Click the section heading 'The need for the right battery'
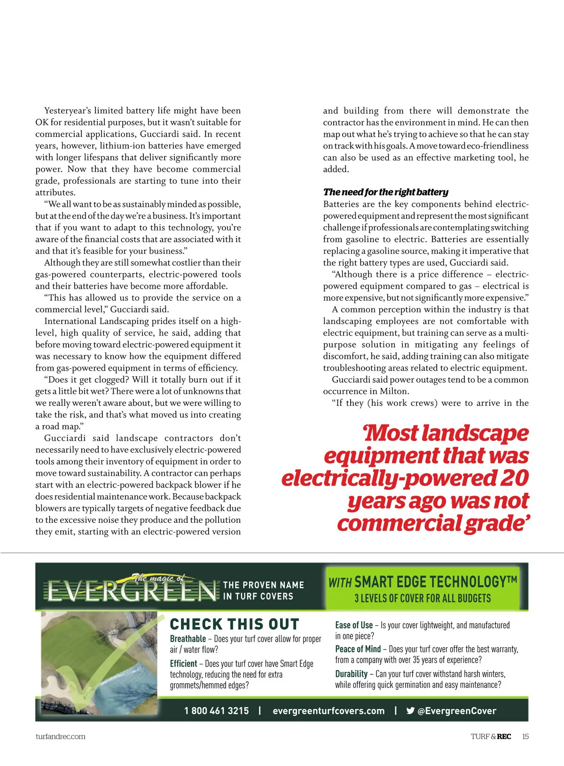385,192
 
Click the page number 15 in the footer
525,736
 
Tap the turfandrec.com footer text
60,736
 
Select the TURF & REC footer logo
491,736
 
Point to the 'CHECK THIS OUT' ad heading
234,624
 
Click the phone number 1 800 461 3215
216,711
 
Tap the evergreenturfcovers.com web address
328,711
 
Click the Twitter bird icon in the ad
410,711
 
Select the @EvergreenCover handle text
457,711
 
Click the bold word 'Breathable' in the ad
188,639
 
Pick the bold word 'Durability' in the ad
351,674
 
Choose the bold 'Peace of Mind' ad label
358,649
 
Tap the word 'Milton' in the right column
394,391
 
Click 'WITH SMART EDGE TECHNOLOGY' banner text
423,582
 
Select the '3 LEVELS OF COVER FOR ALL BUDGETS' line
423,598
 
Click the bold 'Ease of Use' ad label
353,625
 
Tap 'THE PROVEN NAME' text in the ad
263,585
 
